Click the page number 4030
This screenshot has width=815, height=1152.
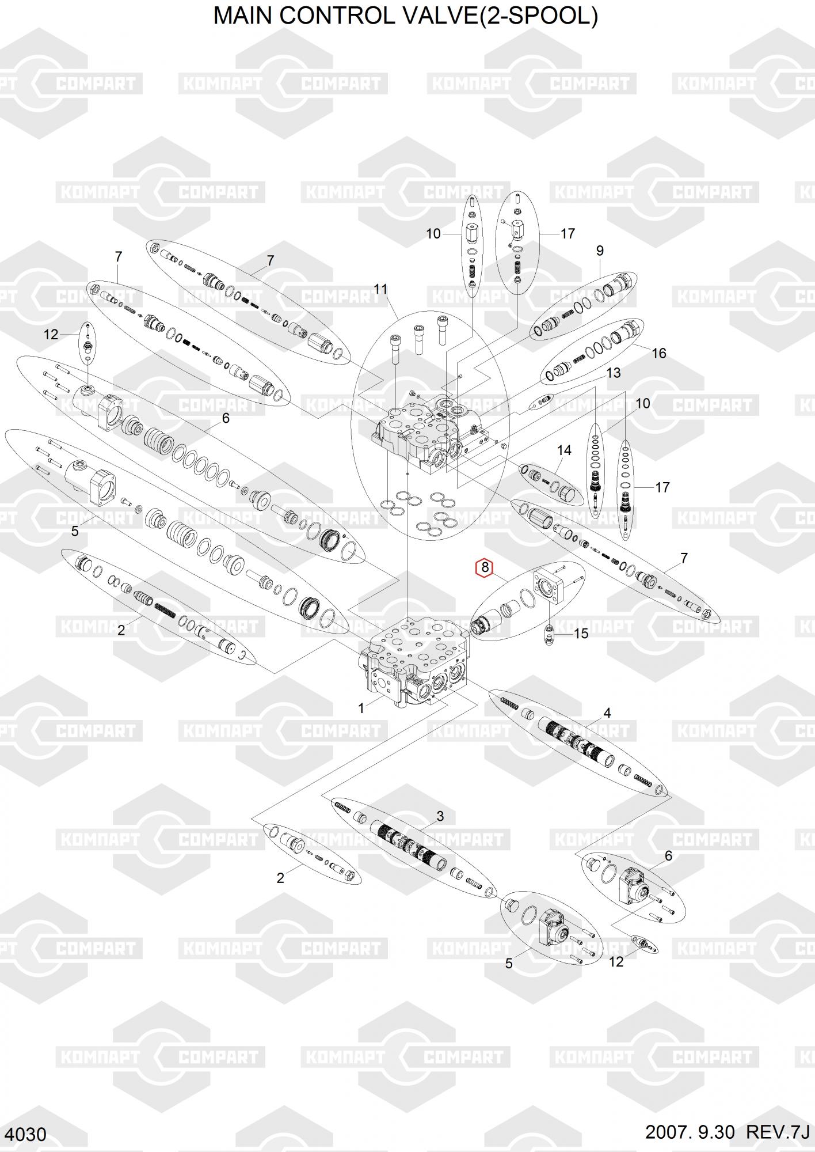click(28, 1134)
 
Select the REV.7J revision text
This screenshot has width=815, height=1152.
click(778, 1132)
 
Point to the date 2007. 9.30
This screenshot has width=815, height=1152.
click(690, 1132)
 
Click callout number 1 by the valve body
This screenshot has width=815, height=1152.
click(361, 708)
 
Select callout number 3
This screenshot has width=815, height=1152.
click(440, 816)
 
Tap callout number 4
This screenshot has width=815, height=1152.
click(607, 713)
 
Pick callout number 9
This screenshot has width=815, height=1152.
click(600, 251)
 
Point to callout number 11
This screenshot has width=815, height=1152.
click(380, 289)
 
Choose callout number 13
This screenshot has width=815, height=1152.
click(614, 373)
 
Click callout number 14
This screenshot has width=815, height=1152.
click(564, 450)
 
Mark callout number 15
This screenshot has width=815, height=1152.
click(581, 634)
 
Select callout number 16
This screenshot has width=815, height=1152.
click(658, 353)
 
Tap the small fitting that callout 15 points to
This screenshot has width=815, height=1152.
click(549, 634)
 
